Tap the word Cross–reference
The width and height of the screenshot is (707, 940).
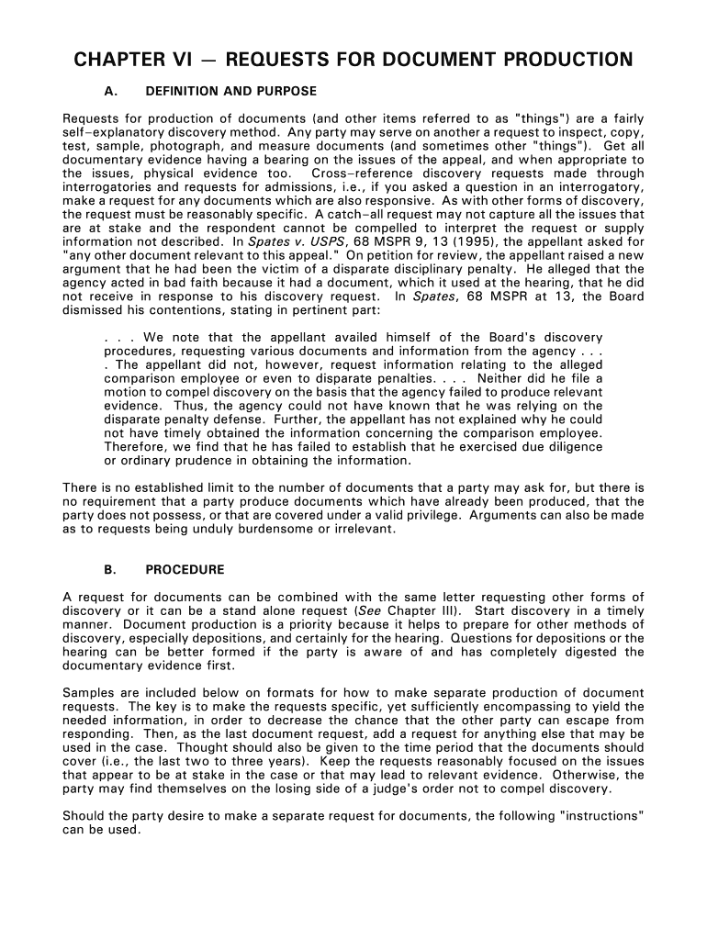coord(353,173)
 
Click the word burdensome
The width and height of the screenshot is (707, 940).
coord(257,530)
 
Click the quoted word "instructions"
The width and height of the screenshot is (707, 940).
coord(601,816)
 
